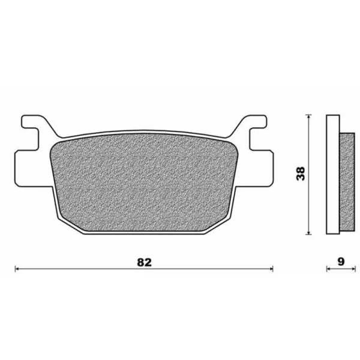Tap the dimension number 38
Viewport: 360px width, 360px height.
pyautogui.click(x=302, y=173)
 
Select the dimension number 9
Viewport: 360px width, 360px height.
pyautogui.click(x=341, y=262)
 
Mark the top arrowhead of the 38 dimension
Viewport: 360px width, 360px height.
pyautogui.click(x=308, y=116)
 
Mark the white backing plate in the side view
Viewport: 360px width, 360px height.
pyautogui.click(x=332, y=174)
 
